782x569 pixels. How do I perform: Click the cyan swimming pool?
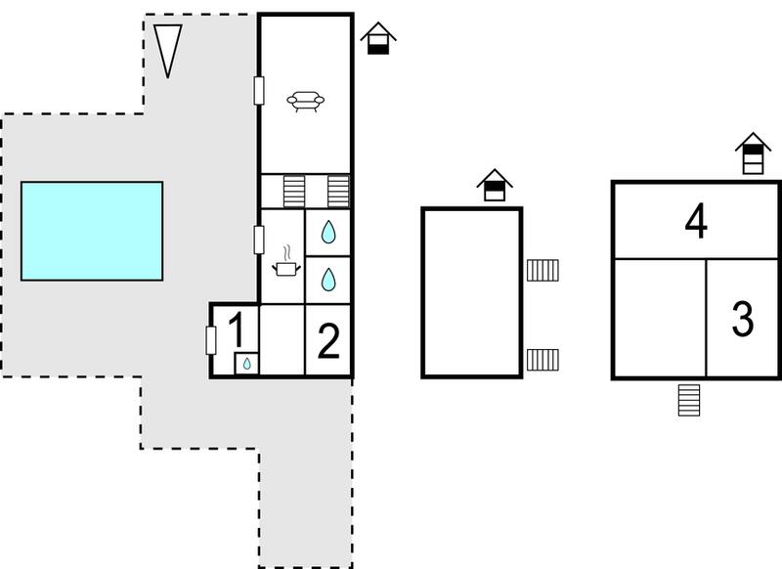pos(92,231)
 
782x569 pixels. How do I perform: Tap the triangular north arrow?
pos(167,50)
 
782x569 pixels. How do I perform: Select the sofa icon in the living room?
pos(305,102)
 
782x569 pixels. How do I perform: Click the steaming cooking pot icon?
pos(286,261)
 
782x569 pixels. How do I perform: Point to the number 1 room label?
pos(237,330)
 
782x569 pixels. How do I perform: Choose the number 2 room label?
pos(328,340)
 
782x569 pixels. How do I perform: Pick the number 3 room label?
pos(742,319)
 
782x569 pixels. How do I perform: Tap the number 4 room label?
pos(696,221)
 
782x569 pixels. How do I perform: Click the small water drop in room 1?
pos(247,364)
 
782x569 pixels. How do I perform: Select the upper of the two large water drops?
pos(328,232)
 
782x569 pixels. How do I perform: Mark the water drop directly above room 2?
pos(328,280)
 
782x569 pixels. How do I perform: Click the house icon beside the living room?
pos(378,38)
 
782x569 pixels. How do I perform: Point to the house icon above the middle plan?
pos(495,185)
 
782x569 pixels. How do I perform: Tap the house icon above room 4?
pos(753,153)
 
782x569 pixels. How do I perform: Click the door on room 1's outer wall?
pos(211,340)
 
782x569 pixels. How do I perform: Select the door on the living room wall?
pos(259,91)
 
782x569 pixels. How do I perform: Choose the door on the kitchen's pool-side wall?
pos(259,240)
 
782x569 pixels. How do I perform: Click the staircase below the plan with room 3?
pos(689,400)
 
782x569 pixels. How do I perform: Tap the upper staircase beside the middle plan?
pos(543,270)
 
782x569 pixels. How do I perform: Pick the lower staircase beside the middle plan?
pos(543,360)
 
